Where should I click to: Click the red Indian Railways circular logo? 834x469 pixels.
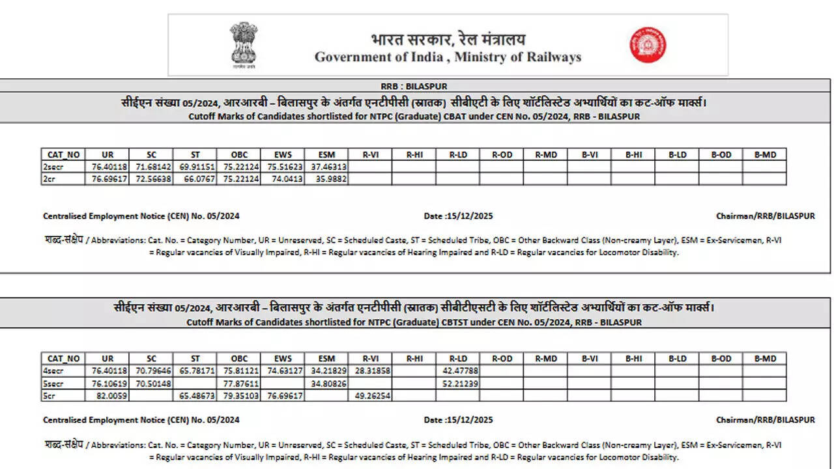pyautogui.click(x=648, y=45)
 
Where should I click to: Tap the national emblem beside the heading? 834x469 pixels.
pyautogui.click(x=244, y=45)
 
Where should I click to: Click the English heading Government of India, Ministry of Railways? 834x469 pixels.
pyautogui.click(x=448, y=57)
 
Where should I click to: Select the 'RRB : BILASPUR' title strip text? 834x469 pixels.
pyautogui.click(x=414, y=86)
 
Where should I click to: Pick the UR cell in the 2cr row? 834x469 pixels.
pyautogui.click(x=108, y=178)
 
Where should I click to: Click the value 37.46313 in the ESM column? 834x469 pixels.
pyautogui.click(x=327, y=167)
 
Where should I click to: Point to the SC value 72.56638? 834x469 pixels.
pyautogui.click(x=151, y=178)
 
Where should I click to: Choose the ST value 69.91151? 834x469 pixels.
pyautogui.click(x=195, y=167)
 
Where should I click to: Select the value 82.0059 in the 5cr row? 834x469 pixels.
pyautogui.click(x=108, y=395)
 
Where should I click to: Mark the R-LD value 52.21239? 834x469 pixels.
pyautogui.click(x=459, y=383)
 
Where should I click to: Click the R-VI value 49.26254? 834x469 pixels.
pyautogui.click(x=372, y=395)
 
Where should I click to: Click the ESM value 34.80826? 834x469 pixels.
pyautogui.click(x=327, y=383)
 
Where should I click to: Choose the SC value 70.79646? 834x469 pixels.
pyautogui.click(x=151, y=371)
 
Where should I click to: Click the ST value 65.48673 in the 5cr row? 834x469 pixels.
pyautogui.click(x=195, y=395)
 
